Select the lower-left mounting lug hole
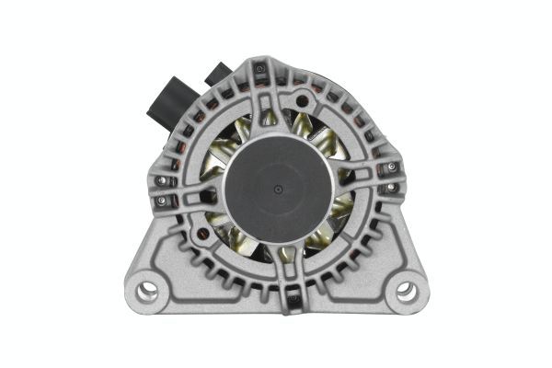[x=147, y=293]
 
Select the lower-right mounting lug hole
[x=405, y=293]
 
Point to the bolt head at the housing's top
[x=260, y=69]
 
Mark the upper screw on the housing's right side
[x=391, y=167]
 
